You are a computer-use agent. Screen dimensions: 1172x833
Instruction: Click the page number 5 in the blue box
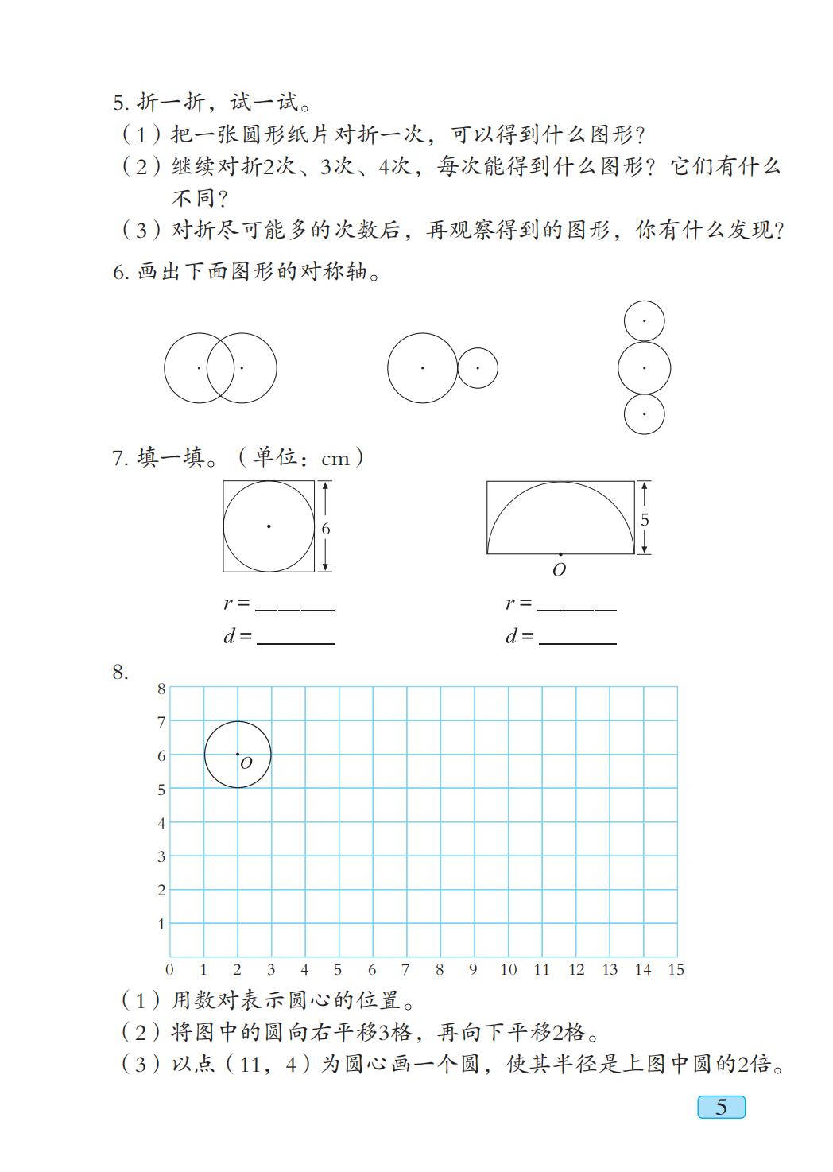coord(721,1107)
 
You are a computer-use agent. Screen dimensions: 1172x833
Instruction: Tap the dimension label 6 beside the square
coord(326,529)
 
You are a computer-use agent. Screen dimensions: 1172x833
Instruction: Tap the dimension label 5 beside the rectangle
coord(645,519)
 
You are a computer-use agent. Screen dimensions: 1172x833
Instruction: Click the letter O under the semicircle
coord(560,570)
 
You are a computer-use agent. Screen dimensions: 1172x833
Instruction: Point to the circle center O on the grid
coord(238,754)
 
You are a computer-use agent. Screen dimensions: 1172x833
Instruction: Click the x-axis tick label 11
coord(541,969)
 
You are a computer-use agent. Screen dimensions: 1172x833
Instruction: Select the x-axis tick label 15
coord(676,969)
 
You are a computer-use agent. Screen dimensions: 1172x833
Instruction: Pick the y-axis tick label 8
coord(161,689)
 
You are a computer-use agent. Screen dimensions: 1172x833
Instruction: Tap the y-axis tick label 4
coord(161,823)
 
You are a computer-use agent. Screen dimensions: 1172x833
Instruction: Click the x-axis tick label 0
coord(169,969)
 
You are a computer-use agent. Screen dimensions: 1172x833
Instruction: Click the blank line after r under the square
coord(295,606)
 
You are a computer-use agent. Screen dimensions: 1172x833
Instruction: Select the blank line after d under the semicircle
coord(577,638)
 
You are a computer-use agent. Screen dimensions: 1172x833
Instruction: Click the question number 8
coord(119,673)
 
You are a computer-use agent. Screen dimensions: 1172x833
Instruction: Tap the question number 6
coord(119,273)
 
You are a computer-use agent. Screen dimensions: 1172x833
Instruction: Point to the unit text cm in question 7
coord(335,459)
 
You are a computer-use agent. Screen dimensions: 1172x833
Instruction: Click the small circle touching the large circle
coord(478,368)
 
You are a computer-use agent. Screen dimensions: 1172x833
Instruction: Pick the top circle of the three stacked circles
coord(644,321)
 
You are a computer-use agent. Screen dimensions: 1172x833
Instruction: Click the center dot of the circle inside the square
coord(269,526)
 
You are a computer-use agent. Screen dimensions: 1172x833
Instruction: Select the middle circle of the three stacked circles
coord(644,368)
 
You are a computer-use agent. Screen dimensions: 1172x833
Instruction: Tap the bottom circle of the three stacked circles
coord(644,414)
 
